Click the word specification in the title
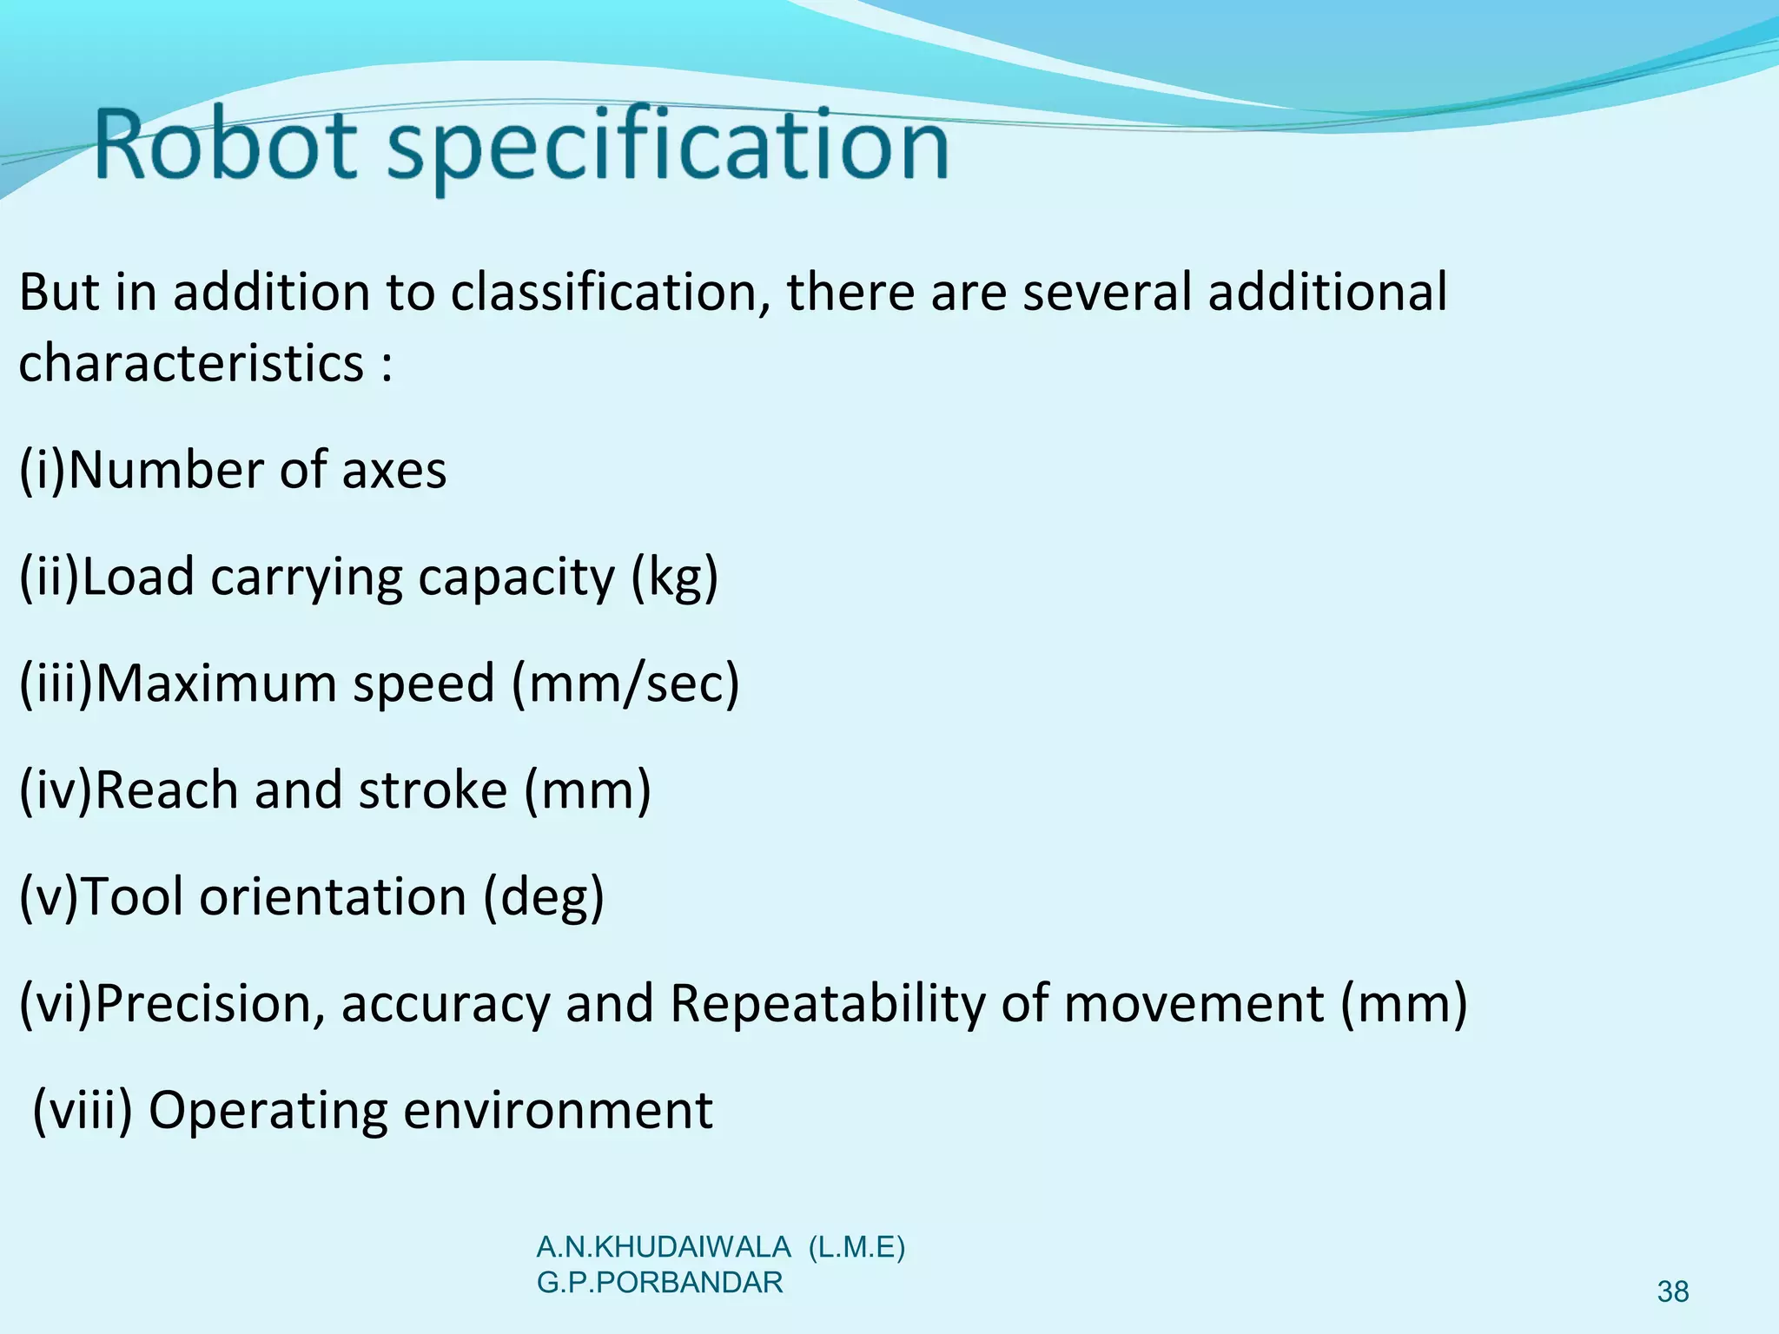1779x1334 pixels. point(667,148)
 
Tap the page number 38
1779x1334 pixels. point(1672,1292)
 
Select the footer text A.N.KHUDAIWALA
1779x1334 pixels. point(664,1248)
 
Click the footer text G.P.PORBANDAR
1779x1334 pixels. point(660,1283)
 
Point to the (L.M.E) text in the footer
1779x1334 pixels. point(856,1248)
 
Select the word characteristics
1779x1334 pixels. point(191,363)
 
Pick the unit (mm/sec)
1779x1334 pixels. point(625,684)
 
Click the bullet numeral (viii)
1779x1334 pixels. point(83,1111)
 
